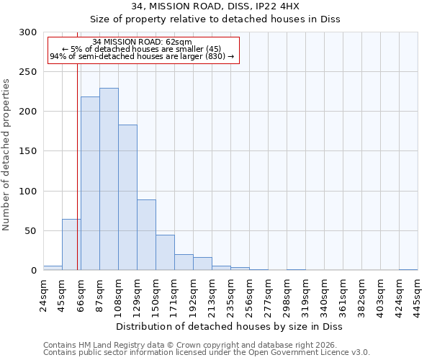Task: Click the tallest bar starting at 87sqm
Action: [109, 179]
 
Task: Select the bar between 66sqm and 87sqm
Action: [90, 184]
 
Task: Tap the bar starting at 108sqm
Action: [127, 197]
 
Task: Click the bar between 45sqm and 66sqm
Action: [71, 245]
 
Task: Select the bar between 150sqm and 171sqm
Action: [165, 253]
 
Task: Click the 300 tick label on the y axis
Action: [28, 32]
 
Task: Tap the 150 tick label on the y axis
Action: [28, 152]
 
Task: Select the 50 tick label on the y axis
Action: [30, 231]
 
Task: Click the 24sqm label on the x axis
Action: [44, 294]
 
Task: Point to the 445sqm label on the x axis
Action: [418, 294]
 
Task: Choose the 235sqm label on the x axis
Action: [231, 294]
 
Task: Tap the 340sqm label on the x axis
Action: [325, 294]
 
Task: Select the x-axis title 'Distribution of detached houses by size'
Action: [230, 327]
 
